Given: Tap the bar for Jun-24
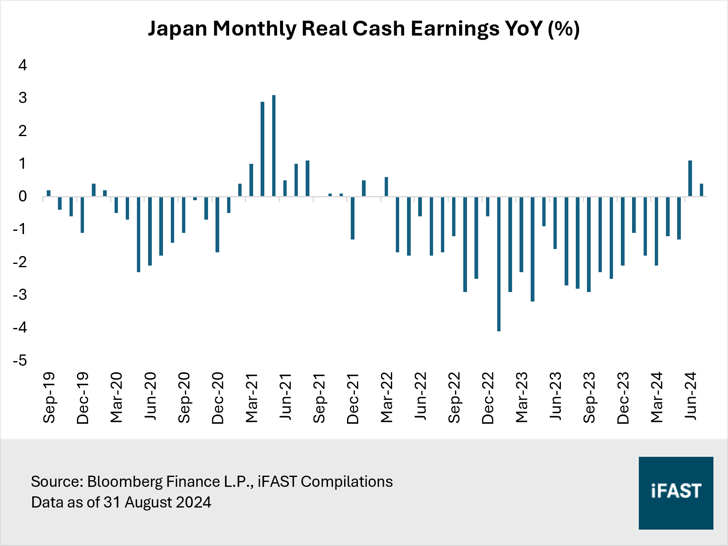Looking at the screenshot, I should [690, 178].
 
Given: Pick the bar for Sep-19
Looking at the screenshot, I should [49, 193].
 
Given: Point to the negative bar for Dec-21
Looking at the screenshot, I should [352, 218].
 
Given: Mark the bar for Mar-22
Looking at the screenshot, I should [386, 187].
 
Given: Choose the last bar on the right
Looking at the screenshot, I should [702, 190].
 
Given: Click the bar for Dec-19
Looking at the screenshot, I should [82, 215].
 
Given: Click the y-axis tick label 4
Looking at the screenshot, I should [23, 65].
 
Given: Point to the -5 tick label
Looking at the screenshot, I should [20, 360].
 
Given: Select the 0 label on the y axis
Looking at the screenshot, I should [23, 196].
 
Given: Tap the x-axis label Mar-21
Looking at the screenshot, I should [251, 398].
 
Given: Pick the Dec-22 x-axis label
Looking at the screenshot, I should [488, 398].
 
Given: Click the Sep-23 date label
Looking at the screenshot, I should [589, 398].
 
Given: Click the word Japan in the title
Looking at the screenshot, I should [177, 29].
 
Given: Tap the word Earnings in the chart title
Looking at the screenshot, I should [455, 29].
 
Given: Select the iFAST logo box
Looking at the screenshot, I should [675, 493].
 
